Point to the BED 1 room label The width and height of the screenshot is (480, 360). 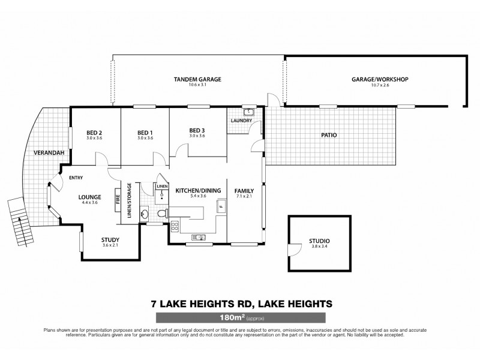[x=145, y=132]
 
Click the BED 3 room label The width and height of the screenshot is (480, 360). [x=197, y=130]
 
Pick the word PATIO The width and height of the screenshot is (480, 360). [x=329, y=135]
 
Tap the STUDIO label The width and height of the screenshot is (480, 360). [x=319, y=241]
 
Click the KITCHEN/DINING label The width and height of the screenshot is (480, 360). [x=199, y=191]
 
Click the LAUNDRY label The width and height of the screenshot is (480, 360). [x=241, y=121]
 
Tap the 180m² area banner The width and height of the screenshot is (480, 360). [x=240, y=317]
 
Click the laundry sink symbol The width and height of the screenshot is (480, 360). [x=249, y=112]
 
